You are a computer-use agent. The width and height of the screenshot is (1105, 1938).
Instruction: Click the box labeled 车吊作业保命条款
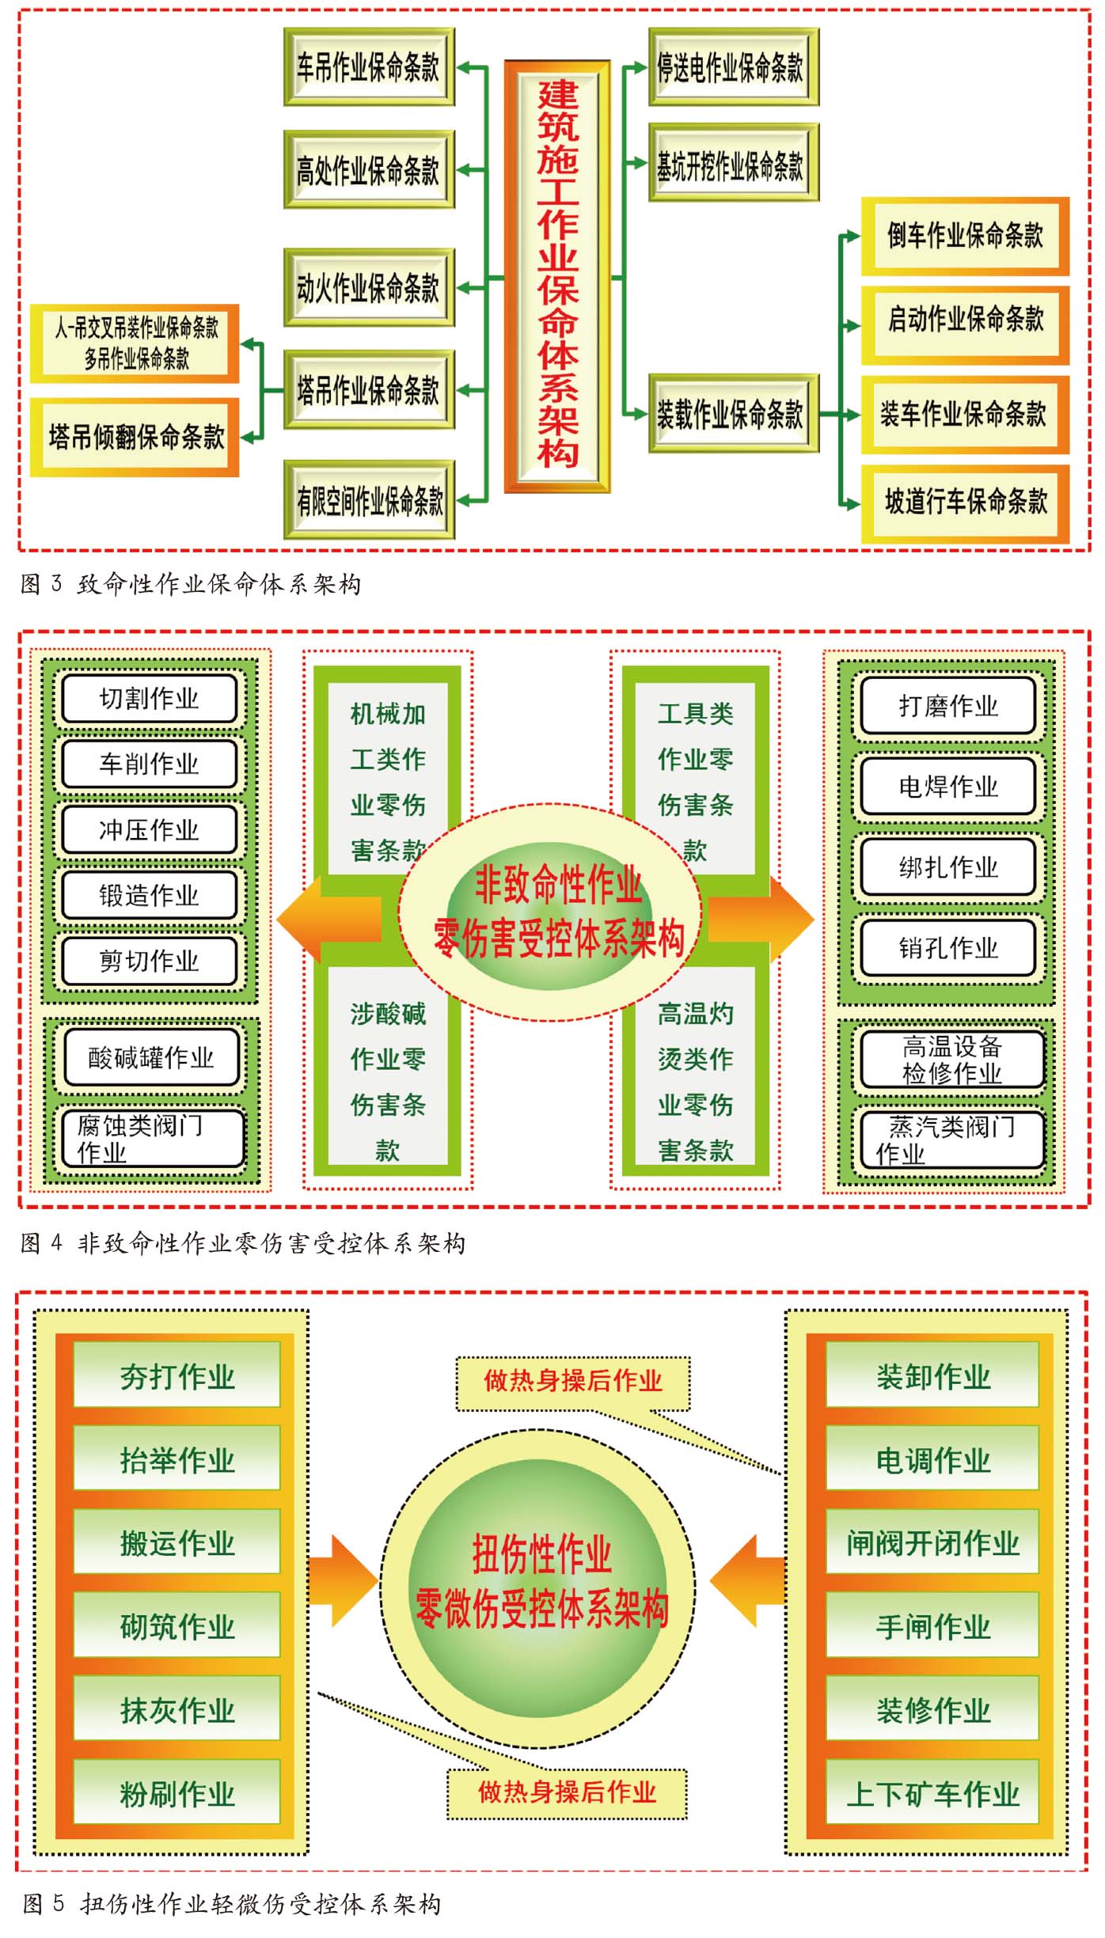[369, 67]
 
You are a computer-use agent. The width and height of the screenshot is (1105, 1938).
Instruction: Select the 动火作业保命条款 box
[369, 287]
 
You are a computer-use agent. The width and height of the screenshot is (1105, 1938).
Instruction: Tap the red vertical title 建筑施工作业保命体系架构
[558, 275]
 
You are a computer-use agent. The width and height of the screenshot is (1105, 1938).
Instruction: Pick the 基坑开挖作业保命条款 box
[733, 164]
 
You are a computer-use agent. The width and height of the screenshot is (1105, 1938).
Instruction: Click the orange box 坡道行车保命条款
[965, 502]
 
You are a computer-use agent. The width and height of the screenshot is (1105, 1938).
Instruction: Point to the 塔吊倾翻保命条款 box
[135, 437]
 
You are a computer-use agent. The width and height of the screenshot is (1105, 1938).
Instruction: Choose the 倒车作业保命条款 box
[965, 235]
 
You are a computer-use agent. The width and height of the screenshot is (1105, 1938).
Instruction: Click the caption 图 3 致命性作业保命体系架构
[191, 585]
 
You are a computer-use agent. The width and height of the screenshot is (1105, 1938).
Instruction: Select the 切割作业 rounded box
[150, 699]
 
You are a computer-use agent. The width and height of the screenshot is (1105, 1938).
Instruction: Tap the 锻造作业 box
[150, 895]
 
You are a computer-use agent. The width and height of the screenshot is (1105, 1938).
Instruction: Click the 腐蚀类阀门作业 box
[151, 1139]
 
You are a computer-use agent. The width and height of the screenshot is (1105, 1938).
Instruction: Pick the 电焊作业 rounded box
[948, 786]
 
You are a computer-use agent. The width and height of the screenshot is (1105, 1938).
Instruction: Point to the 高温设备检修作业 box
[951, 1060]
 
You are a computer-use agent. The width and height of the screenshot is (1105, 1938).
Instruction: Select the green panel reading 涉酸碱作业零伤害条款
[388, 1080]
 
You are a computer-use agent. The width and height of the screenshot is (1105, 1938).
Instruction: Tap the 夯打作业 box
[177, 1378]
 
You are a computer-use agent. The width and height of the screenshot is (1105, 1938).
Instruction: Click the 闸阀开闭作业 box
[932, 1543]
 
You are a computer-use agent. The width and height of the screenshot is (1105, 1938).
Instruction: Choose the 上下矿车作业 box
[932, 1793]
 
